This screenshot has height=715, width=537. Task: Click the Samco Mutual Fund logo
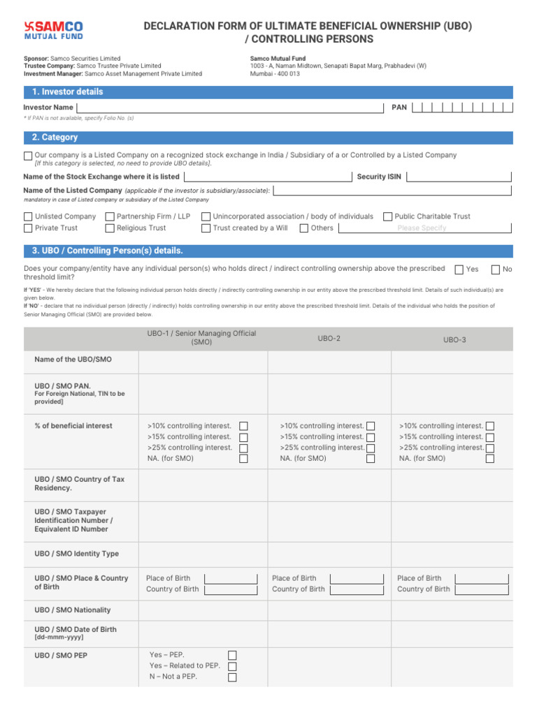coord(53,29)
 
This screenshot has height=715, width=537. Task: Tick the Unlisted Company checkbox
coord(28,217)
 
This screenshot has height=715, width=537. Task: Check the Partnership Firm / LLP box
coord(110,217)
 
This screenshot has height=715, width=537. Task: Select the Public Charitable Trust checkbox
coord(387,217)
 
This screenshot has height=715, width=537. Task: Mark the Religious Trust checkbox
coord(110,228)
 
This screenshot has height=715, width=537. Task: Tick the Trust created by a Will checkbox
coord(206,228)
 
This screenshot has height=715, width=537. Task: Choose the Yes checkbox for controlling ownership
coord(459,270)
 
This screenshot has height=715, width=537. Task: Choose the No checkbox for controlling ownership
coord(496,270)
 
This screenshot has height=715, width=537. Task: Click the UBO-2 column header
coord(329,338)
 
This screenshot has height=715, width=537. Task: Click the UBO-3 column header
coord(454,339)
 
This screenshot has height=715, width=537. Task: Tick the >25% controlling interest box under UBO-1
coord(243,448)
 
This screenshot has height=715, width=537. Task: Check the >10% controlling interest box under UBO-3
coord(490,426)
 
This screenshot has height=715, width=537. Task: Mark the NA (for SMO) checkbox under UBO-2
coord(371,459)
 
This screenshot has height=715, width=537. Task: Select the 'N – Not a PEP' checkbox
coord(232,677)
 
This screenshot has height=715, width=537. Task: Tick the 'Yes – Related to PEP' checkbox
coord(232,666)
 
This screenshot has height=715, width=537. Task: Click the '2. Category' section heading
coord(55,138)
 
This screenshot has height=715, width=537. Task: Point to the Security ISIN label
coord(379,177)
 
